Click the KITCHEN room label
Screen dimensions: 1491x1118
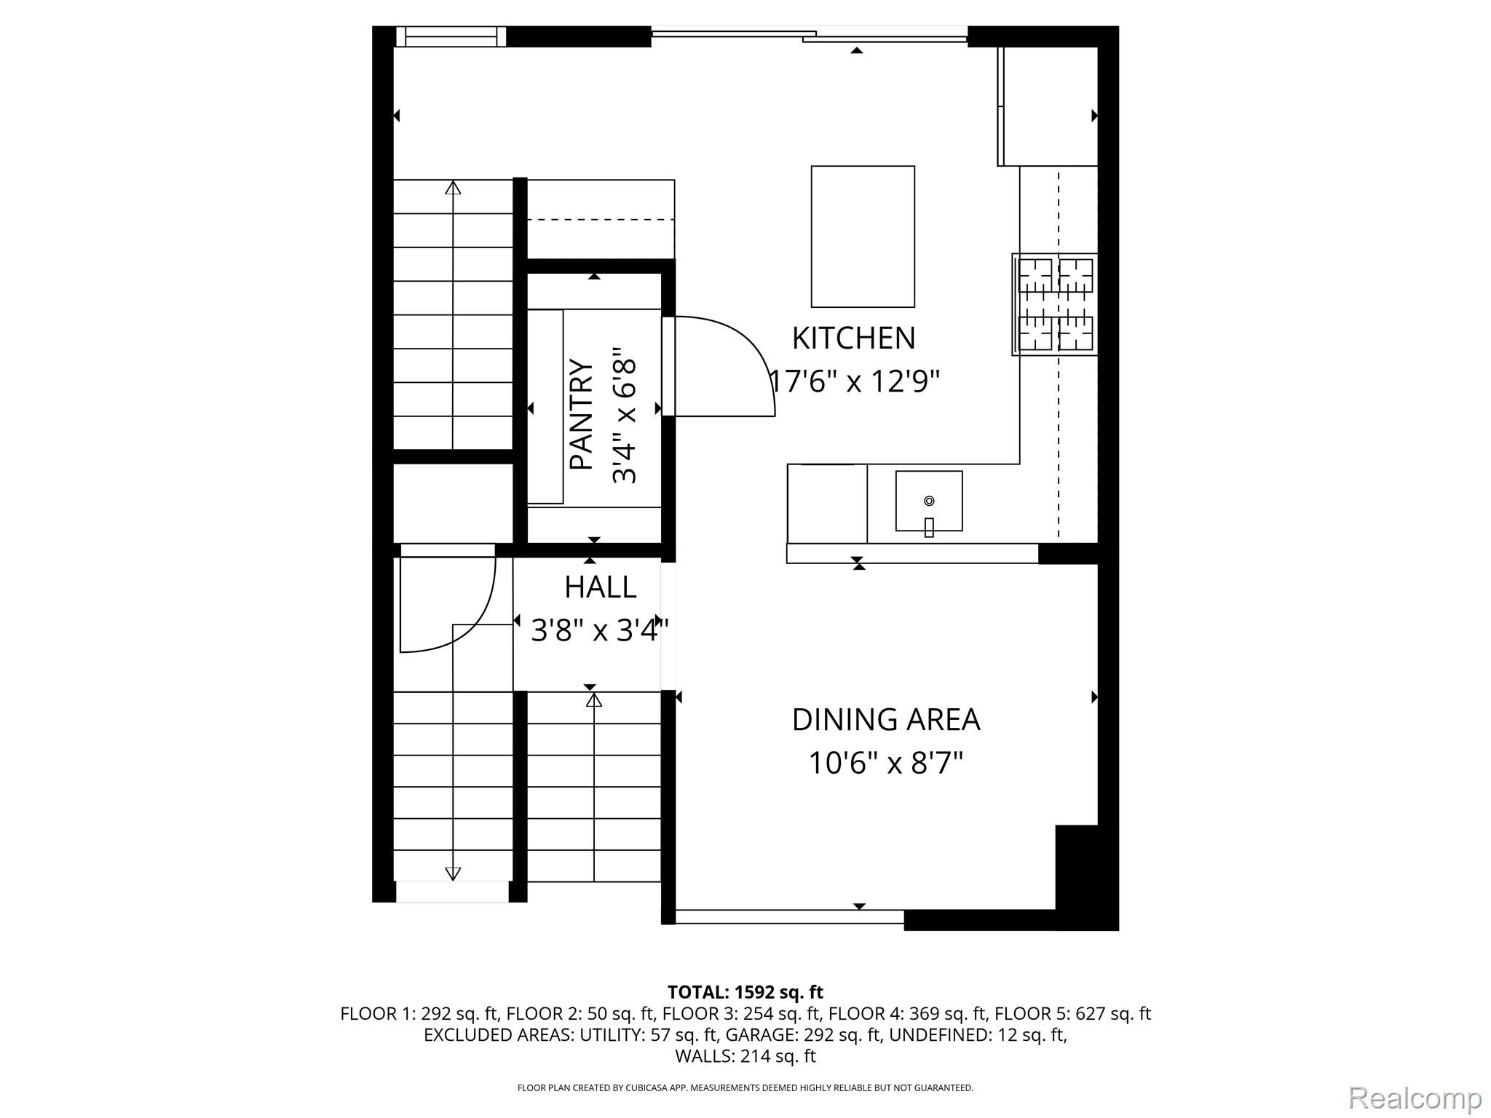853,338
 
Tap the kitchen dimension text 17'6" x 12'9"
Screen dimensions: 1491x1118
855,381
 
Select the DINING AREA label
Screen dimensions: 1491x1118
886,719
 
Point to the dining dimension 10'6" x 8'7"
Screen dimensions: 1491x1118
886,763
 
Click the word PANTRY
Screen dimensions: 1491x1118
581,413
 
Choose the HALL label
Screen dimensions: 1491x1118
601,587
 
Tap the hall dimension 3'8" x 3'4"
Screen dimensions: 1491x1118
600,630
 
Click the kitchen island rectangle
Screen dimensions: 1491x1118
863,237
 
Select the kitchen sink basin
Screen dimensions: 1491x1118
929,501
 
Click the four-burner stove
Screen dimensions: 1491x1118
1055,304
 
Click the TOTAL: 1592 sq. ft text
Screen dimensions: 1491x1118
745,992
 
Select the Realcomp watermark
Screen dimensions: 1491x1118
1415,1097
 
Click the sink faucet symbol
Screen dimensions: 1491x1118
929,526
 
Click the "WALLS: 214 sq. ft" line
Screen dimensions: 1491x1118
745,1056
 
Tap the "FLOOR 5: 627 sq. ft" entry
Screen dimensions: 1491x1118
1072,1014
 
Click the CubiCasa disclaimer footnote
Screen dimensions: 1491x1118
745,1088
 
